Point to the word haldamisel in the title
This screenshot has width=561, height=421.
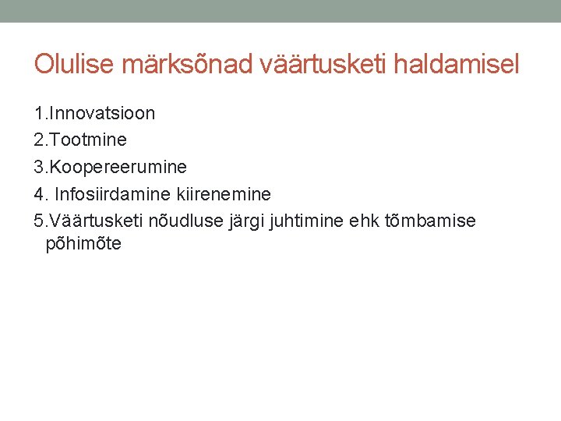tap(457, 64)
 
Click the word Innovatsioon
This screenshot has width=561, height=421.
tap(101, 114)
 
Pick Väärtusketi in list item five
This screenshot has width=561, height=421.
tap(90, 221)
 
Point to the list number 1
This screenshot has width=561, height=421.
tap(39, 114)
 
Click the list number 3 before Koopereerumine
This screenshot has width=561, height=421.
tap(39, 167)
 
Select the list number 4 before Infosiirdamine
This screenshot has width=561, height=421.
tap(39, 193)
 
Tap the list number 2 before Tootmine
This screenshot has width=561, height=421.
tap(39, 140)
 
